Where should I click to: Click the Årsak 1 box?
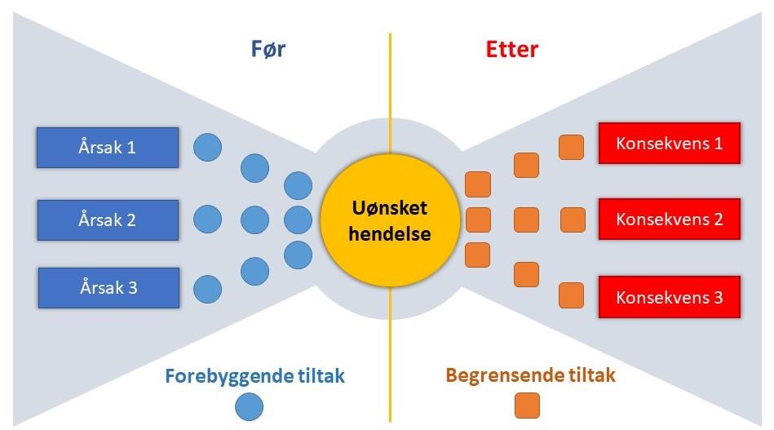108,148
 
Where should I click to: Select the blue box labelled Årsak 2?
108,220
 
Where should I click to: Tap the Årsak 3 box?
108,288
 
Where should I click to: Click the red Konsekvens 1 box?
669,144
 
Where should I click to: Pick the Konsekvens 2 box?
669,219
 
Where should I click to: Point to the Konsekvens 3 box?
669,297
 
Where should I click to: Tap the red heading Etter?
511,49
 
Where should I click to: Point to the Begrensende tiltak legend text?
530,376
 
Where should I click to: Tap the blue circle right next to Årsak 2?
207,219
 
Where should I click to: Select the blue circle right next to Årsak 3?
207,289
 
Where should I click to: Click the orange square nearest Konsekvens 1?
572,148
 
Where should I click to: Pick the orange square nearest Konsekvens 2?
573,219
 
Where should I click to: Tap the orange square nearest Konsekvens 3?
572,294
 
